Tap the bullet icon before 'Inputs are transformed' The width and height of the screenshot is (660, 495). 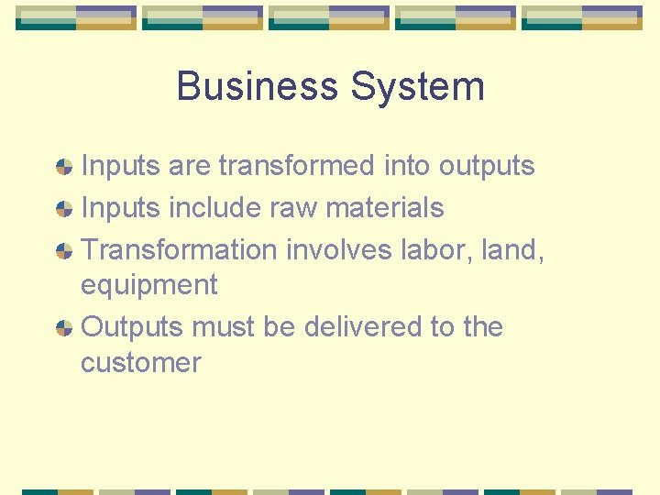(64, 167)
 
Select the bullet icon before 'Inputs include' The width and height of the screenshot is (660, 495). (64, 209)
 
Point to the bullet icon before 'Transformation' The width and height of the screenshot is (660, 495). (64, 250)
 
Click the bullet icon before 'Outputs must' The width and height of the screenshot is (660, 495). (64, 327)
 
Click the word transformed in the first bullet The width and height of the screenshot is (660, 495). (297, 166)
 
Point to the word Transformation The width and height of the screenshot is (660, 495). (179, 249)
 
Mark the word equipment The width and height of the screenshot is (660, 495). (148, 286)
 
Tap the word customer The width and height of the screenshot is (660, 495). (140, 363)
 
